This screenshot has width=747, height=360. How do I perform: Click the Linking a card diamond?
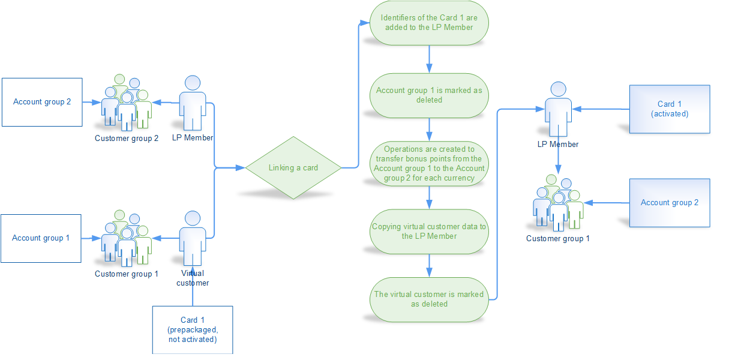coord(293,167)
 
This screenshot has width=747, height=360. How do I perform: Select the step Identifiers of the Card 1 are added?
coord(429,23)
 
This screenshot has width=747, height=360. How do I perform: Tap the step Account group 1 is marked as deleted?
coord(429,95)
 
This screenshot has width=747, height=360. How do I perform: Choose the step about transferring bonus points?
coord(429,163)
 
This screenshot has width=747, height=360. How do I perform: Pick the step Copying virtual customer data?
coord(429,231)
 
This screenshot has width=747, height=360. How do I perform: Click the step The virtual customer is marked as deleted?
coord(429,299)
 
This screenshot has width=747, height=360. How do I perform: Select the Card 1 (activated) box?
coord(670,109)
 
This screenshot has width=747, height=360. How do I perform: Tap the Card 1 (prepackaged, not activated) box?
coord(192,330)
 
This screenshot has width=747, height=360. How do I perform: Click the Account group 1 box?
coord(41,238)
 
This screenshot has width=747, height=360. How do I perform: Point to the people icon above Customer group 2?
coord(126,103)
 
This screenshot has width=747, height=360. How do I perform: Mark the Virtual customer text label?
coord(193,278)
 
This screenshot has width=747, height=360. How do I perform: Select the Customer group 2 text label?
coord(127,139)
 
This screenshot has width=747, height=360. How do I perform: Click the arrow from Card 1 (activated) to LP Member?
coord(601,109)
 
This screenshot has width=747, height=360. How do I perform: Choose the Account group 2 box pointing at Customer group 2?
coord(42,102)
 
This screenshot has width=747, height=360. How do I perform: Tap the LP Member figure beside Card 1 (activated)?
coord(559,108)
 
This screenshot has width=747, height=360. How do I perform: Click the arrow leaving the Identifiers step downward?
coord(429,59)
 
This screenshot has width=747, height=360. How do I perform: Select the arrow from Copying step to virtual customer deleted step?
coord(429,265)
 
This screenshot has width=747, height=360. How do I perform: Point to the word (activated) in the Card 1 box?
coord(670,113)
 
